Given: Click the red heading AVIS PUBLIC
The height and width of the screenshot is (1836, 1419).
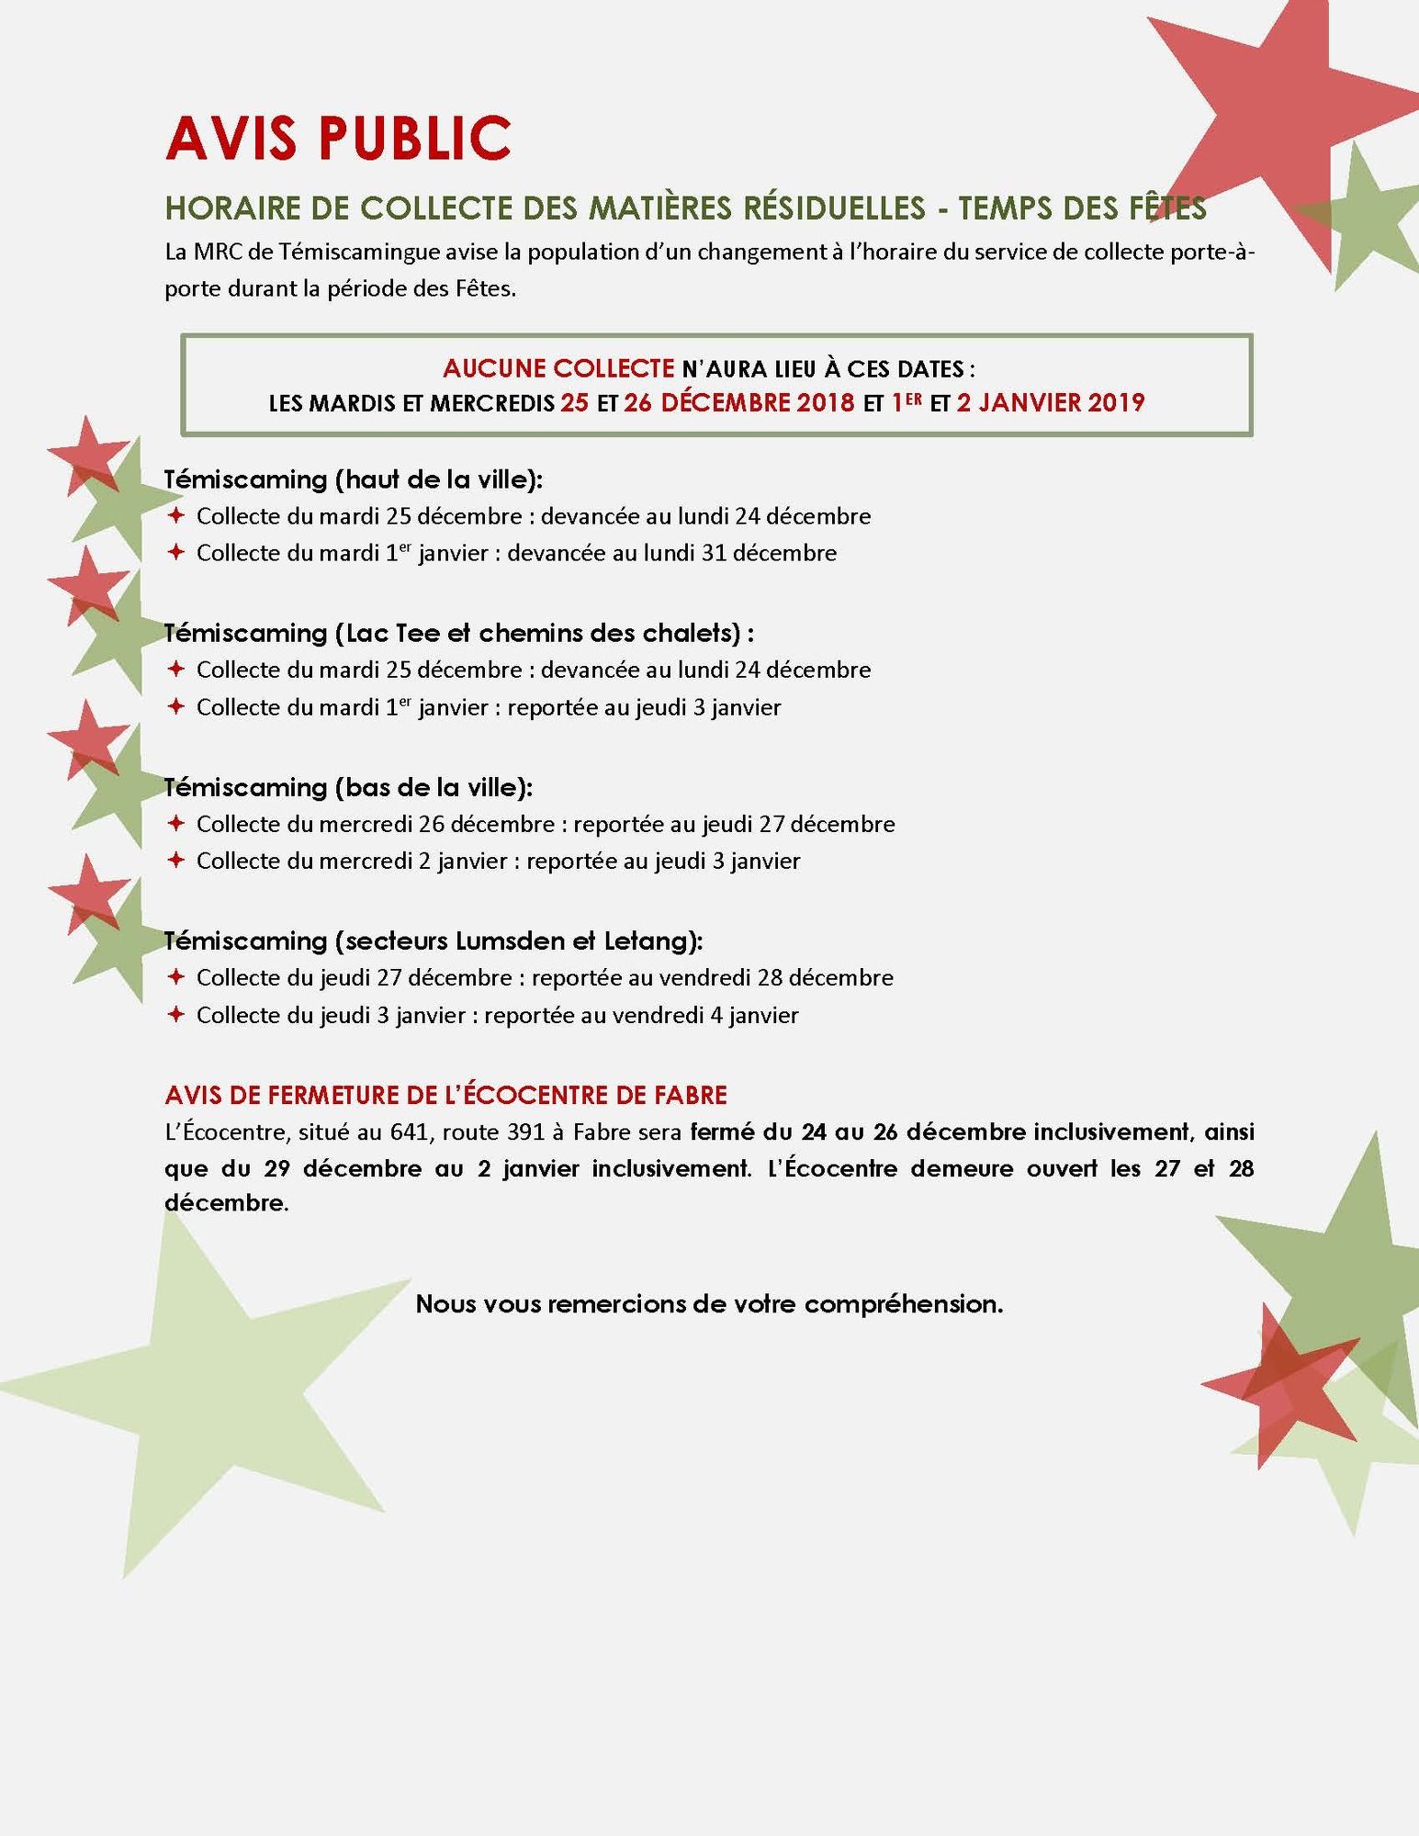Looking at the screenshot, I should (338, 138).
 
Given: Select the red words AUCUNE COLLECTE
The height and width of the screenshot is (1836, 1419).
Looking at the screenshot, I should (558, 368).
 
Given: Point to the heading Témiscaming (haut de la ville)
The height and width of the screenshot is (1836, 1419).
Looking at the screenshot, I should (354, 479).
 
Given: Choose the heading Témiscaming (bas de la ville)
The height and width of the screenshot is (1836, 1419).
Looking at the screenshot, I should (349, 787).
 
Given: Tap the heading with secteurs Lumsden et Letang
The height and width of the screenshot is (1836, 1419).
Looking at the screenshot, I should (434, 941).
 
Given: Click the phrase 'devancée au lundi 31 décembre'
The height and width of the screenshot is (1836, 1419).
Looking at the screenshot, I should (671, 553).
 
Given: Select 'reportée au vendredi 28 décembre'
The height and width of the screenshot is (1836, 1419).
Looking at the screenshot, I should (712, 977).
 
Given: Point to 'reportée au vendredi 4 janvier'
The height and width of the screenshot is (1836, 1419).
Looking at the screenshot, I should (641, 1015).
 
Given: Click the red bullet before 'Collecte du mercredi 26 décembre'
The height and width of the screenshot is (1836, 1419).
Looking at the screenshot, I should (176, 824).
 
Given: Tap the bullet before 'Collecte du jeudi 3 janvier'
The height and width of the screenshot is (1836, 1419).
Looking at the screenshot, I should (176, 1015).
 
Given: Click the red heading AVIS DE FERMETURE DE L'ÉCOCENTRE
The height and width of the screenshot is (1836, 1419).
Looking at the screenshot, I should (445, 1095).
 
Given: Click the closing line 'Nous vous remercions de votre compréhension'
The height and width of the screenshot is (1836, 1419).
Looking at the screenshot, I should (709, 1303).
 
